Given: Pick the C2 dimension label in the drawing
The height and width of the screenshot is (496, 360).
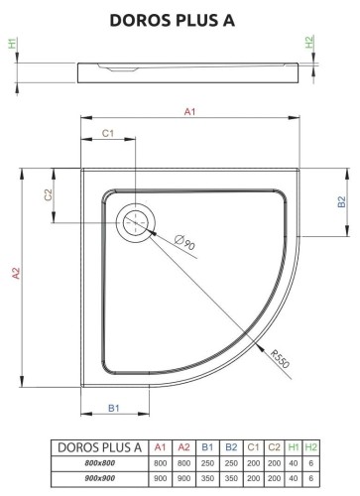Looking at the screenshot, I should [x=47, y=197].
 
